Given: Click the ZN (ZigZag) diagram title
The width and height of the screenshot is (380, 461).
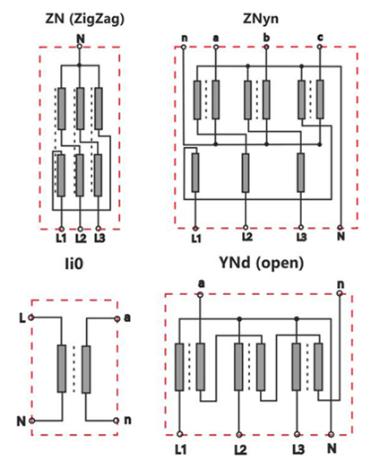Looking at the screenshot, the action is pos(84,20).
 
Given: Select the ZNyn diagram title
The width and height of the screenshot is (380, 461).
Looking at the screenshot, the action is pos(261,19).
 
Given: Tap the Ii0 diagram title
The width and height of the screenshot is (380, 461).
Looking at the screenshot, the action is pos(74,264).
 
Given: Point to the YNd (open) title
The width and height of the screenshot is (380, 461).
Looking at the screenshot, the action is pos(262,263).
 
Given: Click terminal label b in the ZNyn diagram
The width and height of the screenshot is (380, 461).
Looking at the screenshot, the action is pos(266,38).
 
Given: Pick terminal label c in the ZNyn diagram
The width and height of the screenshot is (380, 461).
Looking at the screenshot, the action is pos(320,38).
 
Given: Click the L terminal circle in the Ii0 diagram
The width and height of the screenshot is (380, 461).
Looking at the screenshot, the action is pos(30,317).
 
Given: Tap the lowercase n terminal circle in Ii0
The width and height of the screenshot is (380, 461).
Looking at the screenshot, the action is pos(117,421).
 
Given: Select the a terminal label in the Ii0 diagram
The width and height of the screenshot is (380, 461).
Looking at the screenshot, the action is pos(127,317).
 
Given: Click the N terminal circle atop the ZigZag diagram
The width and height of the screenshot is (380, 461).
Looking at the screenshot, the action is pos(80,47).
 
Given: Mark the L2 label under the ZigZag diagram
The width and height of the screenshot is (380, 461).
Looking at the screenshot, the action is pos(81,239).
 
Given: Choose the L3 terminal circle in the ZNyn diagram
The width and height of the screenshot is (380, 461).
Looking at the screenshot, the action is pos(301,228).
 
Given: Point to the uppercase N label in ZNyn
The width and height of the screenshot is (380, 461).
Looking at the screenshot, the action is pos(341,236).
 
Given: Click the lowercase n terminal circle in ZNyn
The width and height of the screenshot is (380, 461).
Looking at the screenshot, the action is pos(184,47).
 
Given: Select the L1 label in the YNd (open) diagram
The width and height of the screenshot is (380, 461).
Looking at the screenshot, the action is pos(180,449).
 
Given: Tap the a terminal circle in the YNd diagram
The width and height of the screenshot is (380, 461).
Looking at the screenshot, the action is pos(200,295).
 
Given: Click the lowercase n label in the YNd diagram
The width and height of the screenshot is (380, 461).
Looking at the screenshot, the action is pos(341,283).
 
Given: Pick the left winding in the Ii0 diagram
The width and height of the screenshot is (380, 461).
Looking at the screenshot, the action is pos(62,369).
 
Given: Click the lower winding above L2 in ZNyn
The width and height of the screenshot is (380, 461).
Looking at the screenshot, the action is pos(246,172).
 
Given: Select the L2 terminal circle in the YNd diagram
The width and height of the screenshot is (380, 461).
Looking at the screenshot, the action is pos(239,434).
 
